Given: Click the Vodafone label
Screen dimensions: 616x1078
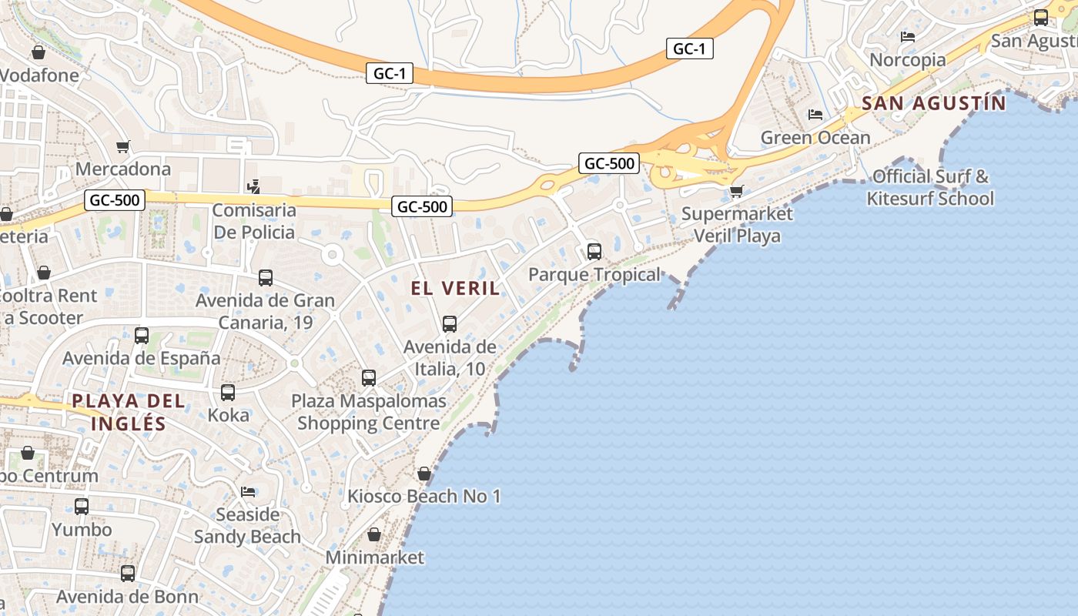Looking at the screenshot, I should tap(40, 75).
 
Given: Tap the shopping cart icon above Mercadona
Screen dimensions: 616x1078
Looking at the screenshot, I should tap(122, 146).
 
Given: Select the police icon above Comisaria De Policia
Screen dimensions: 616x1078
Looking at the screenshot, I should tap(253, 186).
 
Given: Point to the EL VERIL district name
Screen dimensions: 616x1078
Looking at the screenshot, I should tap(455, 289).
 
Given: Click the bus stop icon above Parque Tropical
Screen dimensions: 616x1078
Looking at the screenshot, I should tap(594, 251).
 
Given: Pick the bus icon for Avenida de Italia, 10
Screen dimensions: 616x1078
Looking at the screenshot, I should tap(450, 324).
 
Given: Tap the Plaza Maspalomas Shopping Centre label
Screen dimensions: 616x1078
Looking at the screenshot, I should tap(369, 412).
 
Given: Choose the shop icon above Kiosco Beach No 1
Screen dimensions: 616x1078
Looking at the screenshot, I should tap(424, 474).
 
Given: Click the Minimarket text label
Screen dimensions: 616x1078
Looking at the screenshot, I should tap(374, 557).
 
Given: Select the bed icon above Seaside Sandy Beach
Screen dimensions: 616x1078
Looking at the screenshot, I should tap(248, 491).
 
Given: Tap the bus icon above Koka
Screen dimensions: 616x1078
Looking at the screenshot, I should tap(228, 392).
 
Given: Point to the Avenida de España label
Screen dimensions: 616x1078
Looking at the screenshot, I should tap(141, 359).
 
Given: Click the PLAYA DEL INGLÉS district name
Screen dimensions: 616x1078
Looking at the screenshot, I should tap(129, 412).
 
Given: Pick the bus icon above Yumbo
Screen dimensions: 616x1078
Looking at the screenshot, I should tap(82, 507).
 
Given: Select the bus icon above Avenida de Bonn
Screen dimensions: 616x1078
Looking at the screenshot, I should tap(128, 574).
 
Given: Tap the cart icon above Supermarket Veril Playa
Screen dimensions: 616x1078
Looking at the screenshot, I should tap(737, 191).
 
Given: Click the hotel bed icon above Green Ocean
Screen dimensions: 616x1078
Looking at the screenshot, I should tap(815, 115).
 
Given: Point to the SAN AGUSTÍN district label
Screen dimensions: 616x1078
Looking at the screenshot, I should tap(933, 103).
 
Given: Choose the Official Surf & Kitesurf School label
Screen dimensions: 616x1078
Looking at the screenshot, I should tap(930, 188).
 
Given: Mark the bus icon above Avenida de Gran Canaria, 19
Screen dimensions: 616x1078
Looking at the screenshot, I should tap(266, 278).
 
